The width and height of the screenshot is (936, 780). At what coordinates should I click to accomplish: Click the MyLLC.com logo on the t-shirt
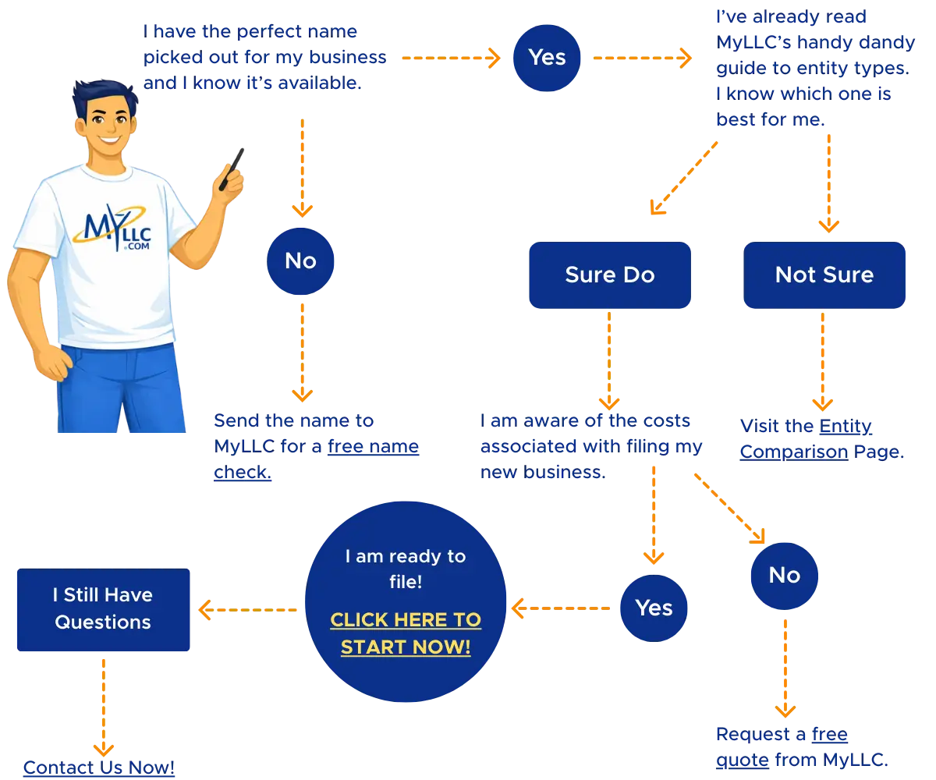pyautogui.click(x=114, y=225)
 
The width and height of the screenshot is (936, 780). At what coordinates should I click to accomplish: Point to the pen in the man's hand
pyautogui.click(x=232, y=168)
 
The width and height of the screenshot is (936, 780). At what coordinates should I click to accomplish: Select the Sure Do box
pyautogui.click(x=609, y=275)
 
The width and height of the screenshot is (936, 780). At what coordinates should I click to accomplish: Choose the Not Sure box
pyautogui.click(x=824, y=275)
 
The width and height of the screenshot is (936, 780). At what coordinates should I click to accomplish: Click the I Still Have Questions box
pyautogui.click(x=103, y=609)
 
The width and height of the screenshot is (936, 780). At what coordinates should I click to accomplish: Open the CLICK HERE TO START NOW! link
pyautogui.click(x=406, y=633)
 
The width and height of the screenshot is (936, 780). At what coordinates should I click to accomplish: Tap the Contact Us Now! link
pyautogui.click(x=99, y=768)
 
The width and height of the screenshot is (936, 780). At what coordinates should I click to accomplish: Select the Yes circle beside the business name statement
pyautogui.click(x=547, y=58)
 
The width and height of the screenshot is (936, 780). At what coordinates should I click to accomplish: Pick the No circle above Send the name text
pyautogui.click(x=301, y=261)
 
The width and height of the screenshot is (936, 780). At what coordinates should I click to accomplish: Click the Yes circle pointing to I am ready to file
pyautogui.click(x=654, y=608)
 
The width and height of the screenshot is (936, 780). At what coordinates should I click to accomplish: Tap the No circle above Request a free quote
pyautogui.click(x=784, y=576)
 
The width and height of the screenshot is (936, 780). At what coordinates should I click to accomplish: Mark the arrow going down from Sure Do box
pyautogui.click(x=608, y=359)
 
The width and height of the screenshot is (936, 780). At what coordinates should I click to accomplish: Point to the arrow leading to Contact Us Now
pyautogui.click(x=103, y=702)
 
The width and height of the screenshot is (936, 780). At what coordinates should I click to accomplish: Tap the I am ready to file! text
pyautogui.click(x=406, y=569)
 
